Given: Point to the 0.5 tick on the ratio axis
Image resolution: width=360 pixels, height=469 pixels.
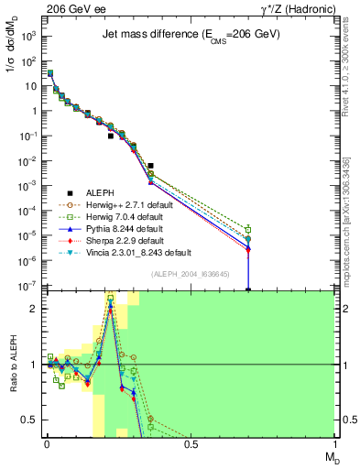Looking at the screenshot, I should [30, 420].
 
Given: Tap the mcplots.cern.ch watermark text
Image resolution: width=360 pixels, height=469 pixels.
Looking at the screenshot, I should [352, 229].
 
